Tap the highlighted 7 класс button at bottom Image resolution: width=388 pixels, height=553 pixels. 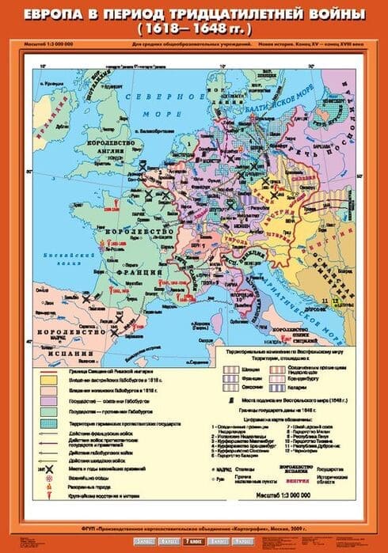[194, 542]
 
